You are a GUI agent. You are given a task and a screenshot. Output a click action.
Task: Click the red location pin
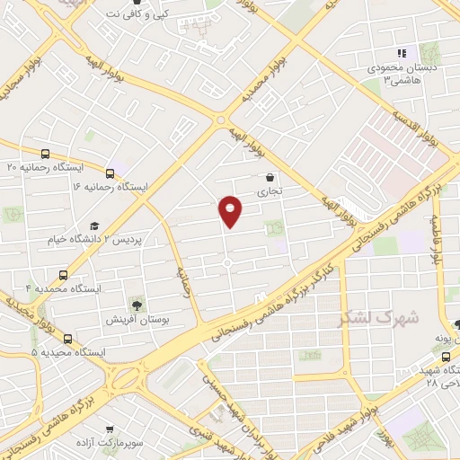tap(231, 210)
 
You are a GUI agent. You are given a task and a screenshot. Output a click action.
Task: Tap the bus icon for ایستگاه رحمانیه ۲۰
tap(46, 154)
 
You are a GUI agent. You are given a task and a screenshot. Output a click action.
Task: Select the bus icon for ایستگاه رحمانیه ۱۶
tap(111, 173)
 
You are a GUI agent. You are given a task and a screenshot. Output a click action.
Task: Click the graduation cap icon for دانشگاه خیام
tap(93, 226)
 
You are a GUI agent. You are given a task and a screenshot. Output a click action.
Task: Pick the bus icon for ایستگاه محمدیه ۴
tap(63, 275)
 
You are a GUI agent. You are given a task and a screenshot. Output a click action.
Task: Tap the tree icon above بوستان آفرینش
tap(136, 305)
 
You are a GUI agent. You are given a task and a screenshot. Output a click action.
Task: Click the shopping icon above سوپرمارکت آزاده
tap(110, 431)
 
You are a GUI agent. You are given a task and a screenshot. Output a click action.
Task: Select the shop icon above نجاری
tap(270, 178)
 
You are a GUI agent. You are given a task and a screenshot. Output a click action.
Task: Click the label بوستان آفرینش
tap(136, 320)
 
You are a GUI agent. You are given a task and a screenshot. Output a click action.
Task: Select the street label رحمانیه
tap(183, 279)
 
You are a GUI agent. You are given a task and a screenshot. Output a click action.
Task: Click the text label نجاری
tap(270, 192)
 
